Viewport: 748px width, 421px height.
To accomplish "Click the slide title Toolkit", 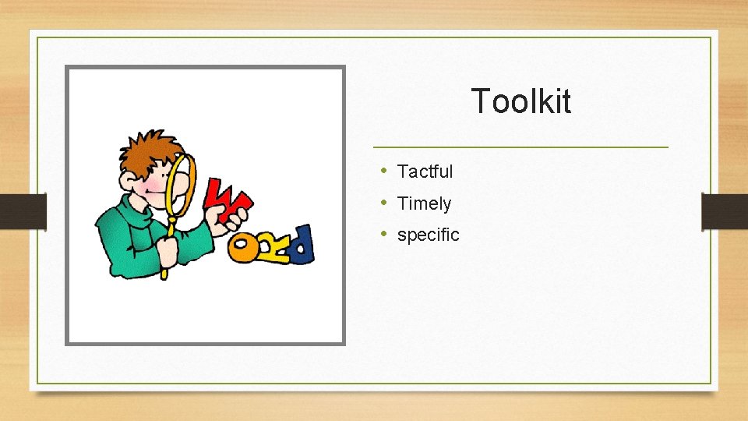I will point(520,101).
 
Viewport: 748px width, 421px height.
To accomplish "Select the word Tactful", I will point(425,172).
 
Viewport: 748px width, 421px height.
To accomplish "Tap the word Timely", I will point(424,203).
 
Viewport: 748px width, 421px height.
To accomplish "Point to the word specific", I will point(428,235).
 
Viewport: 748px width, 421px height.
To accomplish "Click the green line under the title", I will point(520,147).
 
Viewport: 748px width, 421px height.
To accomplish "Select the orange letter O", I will point(242,249).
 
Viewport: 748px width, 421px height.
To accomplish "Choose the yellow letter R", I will point(273,248).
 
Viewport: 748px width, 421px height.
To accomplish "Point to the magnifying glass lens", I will point(182,183).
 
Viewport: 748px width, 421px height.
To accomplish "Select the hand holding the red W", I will point(238,215).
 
